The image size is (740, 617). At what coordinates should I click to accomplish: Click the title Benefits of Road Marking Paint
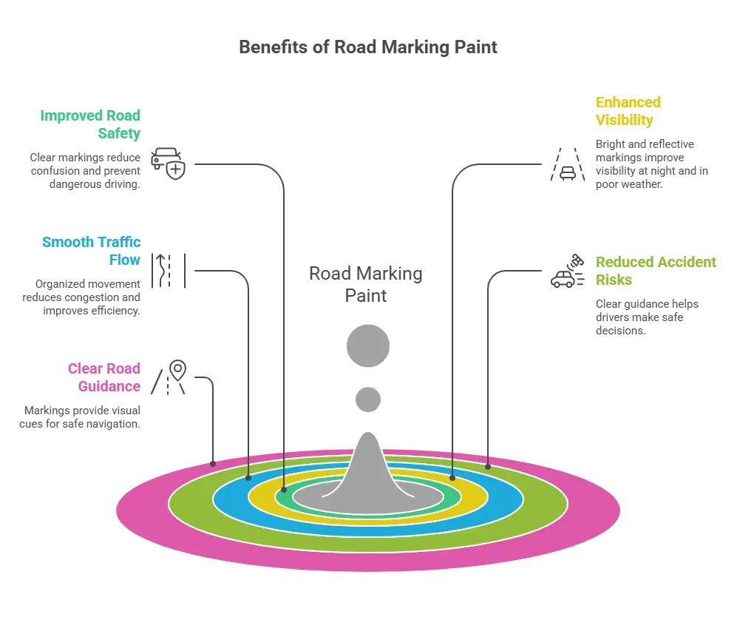(x=368, y=47)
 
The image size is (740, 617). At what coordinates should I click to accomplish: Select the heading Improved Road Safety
(x=90, y=124)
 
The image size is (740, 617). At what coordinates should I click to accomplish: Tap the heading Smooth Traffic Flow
(x=92, y=251)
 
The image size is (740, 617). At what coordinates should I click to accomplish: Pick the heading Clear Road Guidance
(x=104, y=377)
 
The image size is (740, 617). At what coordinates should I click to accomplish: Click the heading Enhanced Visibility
(x=628, y=111)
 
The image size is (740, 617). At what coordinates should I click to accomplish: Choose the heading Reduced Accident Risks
(x=656, y=271)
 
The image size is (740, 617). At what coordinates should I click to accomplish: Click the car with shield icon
(x=167, y=163)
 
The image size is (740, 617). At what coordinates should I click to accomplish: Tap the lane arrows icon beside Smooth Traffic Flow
(x=168, y=270)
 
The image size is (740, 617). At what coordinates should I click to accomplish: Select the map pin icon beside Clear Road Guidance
(x=169, y=377)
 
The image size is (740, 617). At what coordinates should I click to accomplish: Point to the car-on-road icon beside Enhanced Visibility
(x=568, y=163)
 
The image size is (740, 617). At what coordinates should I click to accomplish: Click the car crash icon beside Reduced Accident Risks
(x=568, y=272)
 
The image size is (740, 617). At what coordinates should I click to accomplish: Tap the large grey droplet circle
(x=368, y=346)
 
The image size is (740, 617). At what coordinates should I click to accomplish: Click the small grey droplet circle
(x=368, y=399)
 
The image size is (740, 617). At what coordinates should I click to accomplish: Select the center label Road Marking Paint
(x=366, y=284)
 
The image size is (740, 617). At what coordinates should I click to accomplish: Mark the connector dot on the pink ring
(x=213, y=464)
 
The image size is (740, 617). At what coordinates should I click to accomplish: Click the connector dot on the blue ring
(x=248, y=477)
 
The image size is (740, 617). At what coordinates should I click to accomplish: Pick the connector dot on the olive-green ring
(x=488, y=466)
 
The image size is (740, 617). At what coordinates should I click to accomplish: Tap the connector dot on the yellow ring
(x=452, y=478)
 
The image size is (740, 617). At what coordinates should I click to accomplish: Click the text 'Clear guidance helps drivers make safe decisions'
(x=647, y=317)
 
